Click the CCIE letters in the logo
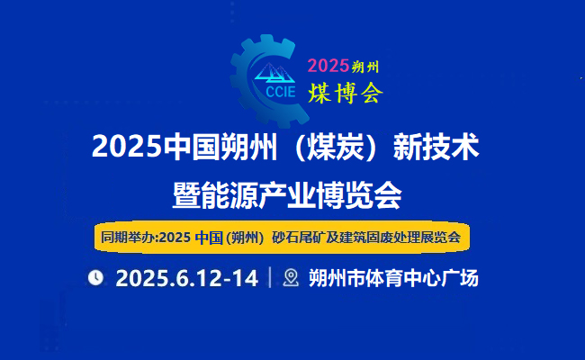tap(281, 92)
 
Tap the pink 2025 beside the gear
tap(328, 66)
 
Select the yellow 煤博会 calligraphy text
tap(346, 93)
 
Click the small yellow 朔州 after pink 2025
tap(365, 67)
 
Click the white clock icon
tap(95, 278)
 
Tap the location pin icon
tap(291, 278)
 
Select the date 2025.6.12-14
tap(187, 278)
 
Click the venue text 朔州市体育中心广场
tap(393, 278)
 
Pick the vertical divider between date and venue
tap(270, 277)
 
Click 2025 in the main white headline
tap(127, 147)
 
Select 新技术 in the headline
tap(436, 147)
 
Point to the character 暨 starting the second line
tap(186, 195)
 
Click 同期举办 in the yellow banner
tap(128, 237)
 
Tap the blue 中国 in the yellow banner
tap(209, 238)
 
